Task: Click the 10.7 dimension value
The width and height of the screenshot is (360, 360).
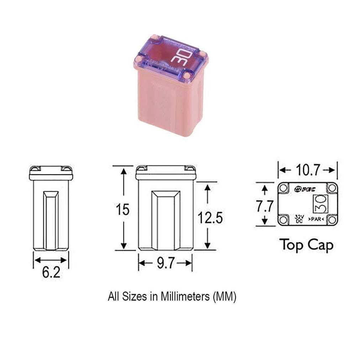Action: pyautogui.click(x=308, y=170)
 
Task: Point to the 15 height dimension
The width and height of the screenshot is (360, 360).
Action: pyautogui.click(x=123, y=210)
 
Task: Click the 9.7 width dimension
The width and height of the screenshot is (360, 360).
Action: pyautogui.click(x=165, y=264)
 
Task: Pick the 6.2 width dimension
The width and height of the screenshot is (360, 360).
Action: pyautogui.click(x=51, y=272)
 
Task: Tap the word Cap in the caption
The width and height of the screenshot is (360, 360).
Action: pyautogui.click(x=320, y=245)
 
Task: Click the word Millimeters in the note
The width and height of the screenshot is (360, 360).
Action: pyautogui.click(x=185, y=296)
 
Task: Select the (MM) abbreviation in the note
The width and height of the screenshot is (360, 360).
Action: pyautogui.click(x=224, y=296)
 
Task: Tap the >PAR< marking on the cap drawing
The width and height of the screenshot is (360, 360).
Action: pyautogui.click(x=317, y=219)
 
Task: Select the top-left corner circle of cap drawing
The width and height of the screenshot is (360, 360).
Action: pyautogui.click(x=284, y=189)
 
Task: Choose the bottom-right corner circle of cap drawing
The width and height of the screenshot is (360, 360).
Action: pyautogui.click(x=332, y=220)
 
